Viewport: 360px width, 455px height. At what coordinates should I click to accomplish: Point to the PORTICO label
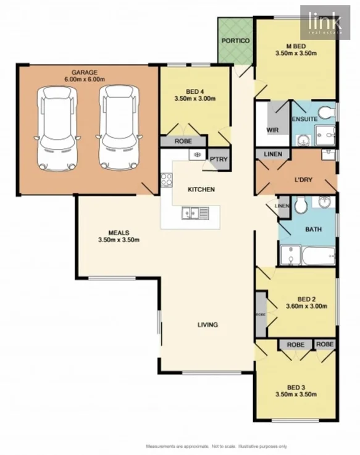coord(235,41)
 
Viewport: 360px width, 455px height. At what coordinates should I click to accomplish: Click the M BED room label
coord(296,45)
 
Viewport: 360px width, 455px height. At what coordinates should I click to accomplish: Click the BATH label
coord(313,230)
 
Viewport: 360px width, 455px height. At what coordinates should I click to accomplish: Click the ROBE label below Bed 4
coord(183,141)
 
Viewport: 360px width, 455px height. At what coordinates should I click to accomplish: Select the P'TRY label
coord(219,159)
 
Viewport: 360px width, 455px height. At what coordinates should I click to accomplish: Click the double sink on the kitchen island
coord(196,214)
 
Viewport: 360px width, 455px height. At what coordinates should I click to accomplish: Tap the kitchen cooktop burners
coord(166,180)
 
